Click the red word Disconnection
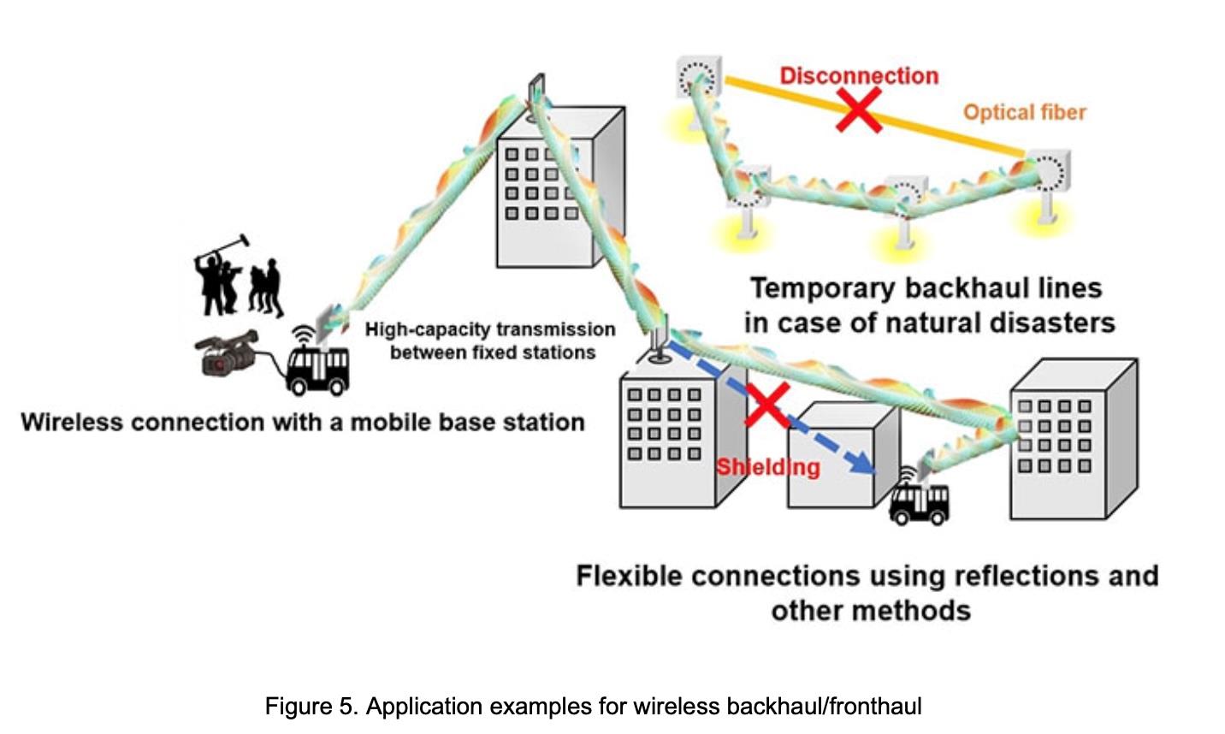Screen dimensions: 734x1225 (x=859, y=75)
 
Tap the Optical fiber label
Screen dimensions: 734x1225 (x=1024, y=112)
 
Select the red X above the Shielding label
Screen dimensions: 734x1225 (x=766, y=405)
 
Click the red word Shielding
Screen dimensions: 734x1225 (x=767, y=467)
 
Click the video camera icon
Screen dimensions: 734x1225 (x=227, y=352)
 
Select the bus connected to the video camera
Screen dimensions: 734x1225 (x=317, y=370)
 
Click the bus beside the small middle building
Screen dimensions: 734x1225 (x=919, y=503)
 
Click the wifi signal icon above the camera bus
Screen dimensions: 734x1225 (x=303, y=334)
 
